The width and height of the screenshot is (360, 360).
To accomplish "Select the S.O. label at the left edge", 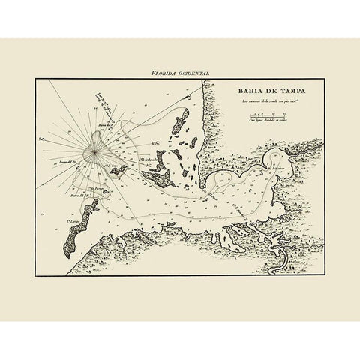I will click(x=43, y=139).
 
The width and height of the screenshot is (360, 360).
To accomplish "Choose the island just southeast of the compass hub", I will click(x=118, y=171).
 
